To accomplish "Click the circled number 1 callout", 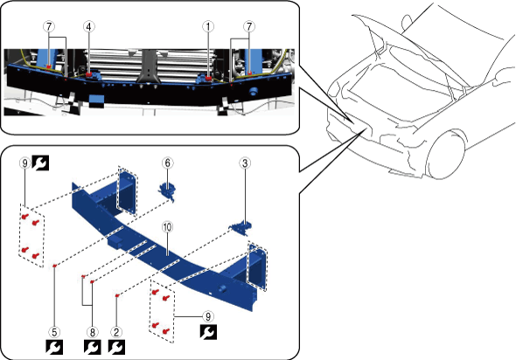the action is coord(208,26).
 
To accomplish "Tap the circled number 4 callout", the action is coord(88,26).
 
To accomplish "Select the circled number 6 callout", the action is coord(168,163).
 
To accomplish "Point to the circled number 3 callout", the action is coord(245,163).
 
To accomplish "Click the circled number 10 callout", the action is coord(168,227).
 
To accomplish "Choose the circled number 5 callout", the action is coord(54,332).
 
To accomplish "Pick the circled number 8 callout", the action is coord(93,332).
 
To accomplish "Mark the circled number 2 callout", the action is coord(116,332).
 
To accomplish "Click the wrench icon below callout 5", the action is coord(54,348).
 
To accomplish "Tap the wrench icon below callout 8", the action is coord(93,348).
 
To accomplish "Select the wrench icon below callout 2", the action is coord(116,348).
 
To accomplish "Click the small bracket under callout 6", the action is coord(167,191).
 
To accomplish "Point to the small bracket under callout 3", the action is coord(241,227).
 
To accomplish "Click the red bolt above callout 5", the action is coord(55,266).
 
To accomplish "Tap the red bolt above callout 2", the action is coord(117,296).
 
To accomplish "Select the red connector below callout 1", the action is coord(208,78).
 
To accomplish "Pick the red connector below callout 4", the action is coord(89,75).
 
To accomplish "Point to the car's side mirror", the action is coord(408,22).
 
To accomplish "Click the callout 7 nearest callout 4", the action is coord(49,26).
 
